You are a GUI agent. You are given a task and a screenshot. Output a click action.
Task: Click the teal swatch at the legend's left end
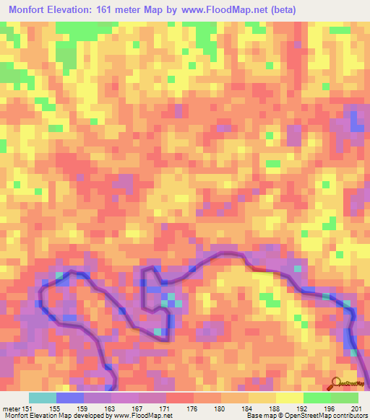(x=43, y=398)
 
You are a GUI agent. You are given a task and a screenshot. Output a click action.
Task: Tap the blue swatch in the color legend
(x=70, y=398)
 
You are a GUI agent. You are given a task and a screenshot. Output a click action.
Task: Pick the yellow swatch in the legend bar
(x=289, y=398)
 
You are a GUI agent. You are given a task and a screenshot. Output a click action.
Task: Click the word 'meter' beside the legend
(x=11, y=408)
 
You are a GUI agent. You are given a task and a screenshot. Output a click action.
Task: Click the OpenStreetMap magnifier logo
(x=335, y=383)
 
